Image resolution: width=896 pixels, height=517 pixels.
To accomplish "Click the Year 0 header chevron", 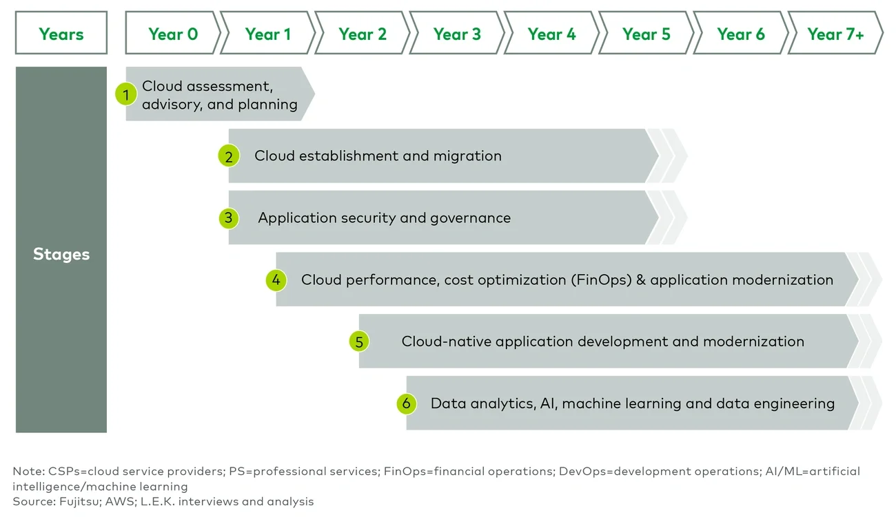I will [172, 34].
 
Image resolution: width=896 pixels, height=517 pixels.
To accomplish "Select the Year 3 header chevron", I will [457, 34].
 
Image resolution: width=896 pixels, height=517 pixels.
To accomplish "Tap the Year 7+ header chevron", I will [835, 34].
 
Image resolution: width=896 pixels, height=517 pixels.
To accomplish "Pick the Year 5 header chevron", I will [646, 34].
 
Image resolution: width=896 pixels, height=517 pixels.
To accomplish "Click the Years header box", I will [61, 34].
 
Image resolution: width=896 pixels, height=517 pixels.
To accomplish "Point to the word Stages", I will [61, 254].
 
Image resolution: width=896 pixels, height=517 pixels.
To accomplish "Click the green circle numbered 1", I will [125, 94].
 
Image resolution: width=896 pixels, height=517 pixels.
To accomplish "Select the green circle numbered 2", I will [228, 156].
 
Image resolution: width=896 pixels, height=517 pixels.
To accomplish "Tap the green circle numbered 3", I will [228, 218].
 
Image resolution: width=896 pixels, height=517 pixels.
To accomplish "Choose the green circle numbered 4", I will [276, 280].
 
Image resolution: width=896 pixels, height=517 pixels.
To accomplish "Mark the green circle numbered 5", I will [358, 341].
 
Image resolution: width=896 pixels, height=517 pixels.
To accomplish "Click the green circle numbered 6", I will [406, 403].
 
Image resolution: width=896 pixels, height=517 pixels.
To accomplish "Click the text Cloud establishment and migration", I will [378, 156].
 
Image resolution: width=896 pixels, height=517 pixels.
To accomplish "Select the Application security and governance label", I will [384, 218].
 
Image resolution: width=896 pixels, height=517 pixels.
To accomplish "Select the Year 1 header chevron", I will [267, 34].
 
